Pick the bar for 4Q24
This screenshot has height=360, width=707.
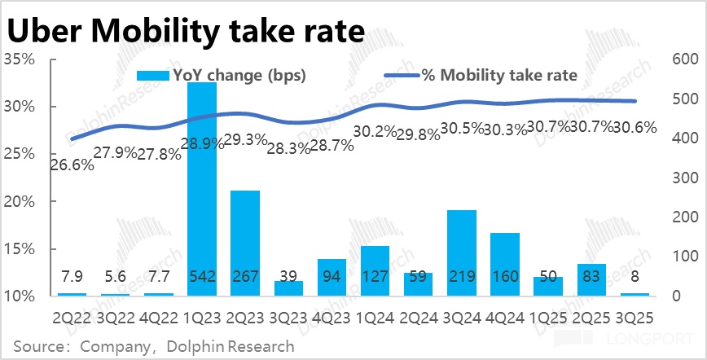pos(505,257)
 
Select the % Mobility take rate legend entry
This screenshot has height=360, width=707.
pos(481,76)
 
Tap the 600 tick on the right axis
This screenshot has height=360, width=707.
pos(682,59)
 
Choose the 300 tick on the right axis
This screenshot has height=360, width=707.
pos(682,178)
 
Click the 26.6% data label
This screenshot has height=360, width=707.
pos(72,165)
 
